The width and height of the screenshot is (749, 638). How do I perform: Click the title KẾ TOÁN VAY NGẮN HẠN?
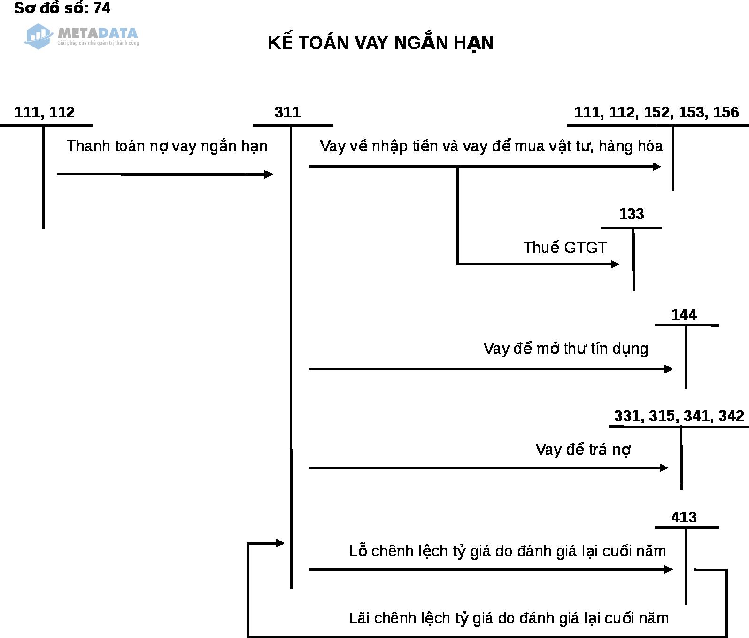point(380,43)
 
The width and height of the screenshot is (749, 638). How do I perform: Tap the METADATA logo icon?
point(38,36)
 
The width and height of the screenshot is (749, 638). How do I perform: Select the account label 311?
point(287,112)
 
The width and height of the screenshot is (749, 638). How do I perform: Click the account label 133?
point(631,214)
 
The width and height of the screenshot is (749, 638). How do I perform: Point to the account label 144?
point(684,315)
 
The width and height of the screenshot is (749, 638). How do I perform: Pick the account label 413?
point(684,517)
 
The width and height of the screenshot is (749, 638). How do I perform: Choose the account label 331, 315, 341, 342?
point(679,416)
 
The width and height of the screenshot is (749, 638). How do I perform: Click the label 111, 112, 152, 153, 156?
point(656,112)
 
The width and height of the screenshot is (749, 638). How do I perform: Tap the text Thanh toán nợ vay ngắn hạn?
point(167,146)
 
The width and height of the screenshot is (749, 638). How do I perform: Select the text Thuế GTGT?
point(565,247)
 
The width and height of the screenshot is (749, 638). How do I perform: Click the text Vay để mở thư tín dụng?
point(565,349)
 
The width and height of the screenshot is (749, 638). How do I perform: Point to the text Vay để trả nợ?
point(583,450)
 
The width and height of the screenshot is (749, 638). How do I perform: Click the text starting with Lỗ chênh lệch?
point(507,551)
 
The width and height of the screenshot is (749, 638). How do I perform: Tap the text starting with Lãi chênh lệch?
point(509,618)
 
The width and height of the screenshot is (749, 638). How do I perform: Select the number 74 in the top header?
point(102,8)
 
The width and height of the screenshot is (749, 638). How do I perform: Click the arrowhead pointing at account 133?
point(615,265)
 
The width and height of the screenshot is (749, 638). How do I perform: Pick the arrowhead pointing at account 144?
point(669,369)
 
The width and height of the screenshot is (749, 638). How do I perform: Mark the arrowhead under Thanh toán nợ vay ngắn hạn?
point(269,174)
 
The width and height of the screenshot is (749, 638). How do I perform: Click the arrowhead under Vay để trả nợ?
point(664,467)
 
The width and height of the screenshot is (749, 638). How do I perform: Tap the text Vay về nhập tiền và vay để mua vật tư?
point(491,146)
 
